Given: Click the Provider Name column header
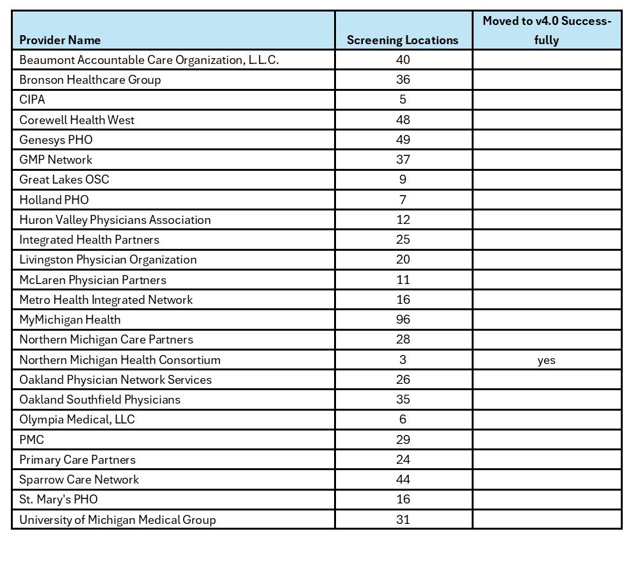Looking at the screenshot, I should point(60,40).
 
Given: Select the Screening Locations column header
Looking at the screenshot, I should point(403,40).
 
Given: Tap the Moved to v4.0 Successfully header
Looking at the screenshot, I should point(547,31).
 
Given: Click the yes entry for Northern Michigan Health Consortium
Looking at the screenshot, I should point(547,360).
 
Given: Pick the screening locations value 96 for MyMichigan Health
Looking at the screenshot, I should point(403,319).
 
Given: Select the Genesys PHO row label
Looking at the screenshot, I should point(56,139).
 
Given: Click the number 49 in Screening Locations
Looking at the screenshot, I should point(403,139).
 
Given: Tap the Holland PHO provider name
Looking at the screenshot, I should point(54,200).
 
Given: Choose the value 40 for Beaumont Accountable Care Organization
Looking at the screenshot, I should point(403,59).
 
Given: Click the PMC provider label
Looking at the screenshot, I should point(31,439).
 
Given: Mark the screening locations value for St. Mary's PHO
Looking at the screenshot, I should point(403,499).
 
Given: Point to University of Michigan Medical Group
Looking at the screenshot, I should point(117,519).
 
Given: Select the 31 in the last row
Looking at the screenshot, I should point(403,519).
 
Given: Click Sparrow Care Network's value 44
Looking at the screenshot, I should point(403,479).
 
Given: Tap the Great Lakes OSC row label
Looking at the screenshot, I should point(64,179).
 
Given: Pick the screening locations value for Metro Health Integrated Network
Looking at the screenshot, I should point(403,299).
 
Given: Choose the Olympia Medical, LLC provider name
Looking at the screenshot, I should point(77,420).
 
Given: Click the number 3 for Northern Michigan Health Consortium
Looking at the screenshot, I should point(403,360).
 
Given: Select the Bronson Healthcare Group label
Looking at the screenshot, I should point(90,80).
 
